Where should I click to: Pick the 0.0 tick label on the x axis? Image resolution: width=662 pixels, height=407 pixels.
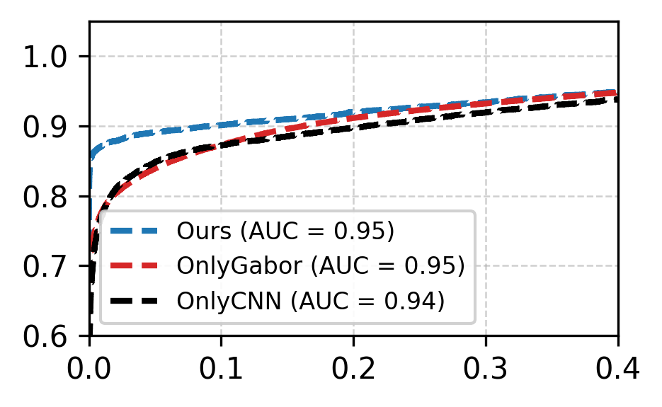pyautogui.click(x=90, y=368)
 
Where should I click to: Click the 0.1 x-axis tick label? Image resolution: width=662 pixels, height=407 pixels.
pyautogui.click(x=222, y=368)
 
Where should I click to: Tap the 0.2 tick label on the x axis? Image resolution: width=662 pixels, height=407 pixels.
pyautogui.click(x=354, y=368)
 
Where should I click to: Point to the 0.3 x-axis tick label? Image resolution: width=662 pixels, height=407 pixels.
pyautogui.click(x=486, y=368)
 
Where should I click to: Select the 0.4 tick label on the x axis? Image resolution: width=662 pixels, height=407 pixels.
pyautogui.click(x=617, y=368)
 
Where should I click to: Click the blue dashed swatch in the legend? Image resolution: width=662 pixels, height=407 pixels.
pyautogui.click(x=135, y=231)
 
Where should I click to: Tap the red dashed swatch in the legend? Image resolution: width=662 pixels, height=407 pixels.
pyautogui.click(x=135, y=266)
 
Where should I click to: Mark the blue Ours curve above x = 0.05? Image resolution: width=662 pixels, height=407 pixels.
pyautogui.click(x=156, y=132)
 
